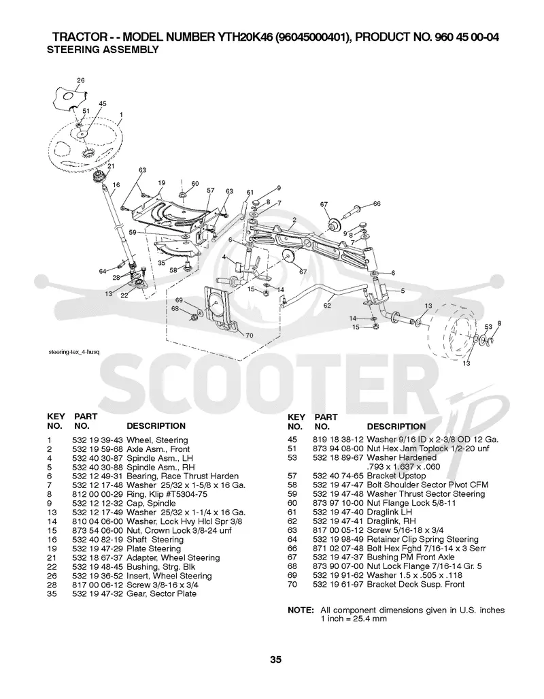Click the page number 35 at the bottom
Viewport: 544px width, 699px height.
click(x=275, y=660)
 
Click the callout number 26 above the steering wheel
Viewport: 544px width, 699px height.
click(x=81, y=81)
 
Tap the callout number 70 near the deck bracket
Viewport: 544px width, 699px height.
click(x=250, y=336)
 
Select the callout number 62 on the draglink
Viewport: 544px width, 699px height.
click(x=327, y=306)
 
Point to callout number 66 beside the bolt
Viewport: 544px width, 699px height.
click(x=377, y=204)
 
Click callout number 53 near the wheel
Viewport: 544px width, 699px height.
click(x=488, y=327)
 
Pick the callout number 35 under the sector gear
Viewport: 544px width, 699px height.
click(x=161, y=263)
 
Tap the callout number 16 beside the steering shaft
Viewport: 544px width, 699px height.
click(x=116, y=184)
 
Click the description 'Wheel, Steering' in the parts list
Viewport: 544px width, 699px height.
click(x=157, y=440)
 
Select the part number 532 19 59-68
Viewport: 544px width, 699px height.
click(x=97, y=449)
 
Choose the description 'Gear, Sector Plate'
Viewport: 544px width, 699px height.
click(x=161, y=594)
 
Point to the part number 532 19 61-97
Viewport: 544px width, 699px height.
click(x=338, y=585)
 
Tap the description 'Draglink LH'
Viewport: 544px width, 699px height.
click(x=390, y=513)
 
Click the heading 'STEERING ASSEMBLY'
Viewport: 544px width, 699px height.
click(x=103, y=50)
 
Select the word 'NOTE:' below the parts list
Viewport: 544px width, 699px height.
click(x=301, y=610)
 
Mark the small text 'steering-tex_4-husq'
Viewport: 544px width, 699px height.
click(x=74, y=352)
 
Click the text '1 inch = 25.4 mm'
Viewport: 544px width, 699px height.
click(x=354, y=619)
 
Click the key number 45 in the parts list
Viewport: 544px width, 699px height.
click(x=292, y=440)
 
